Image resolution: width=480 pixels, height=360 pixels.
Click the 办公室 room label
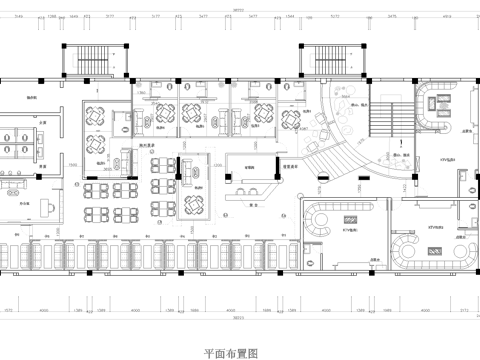(x=22, y=200)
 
